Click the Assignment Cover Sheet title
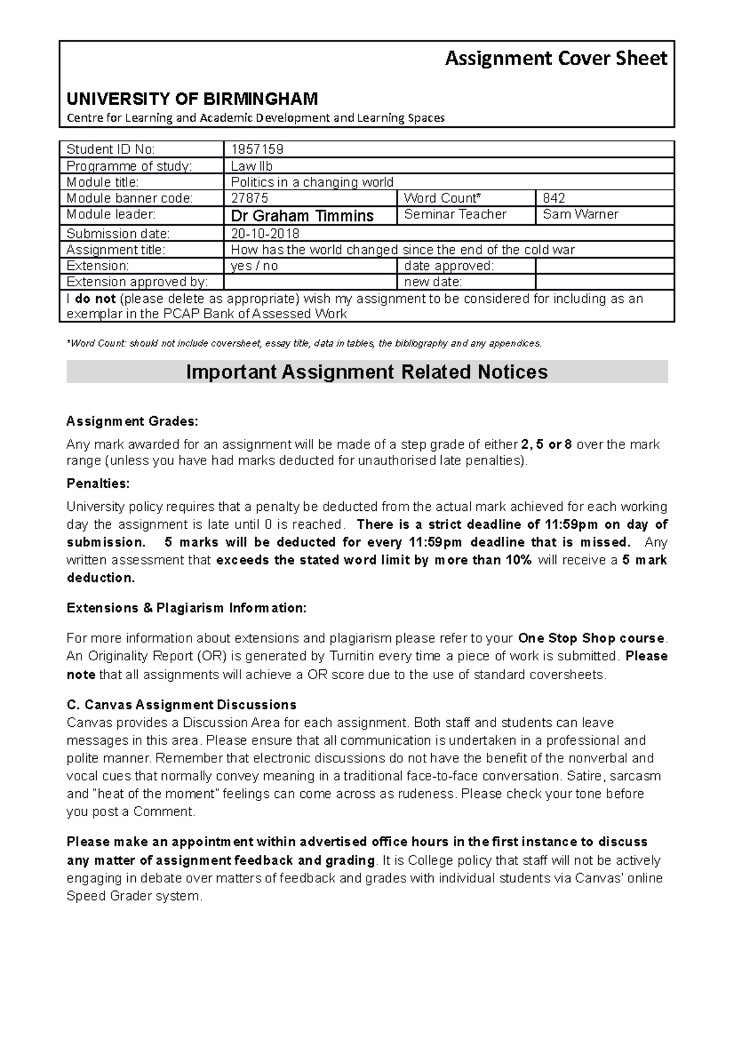pos(555,59)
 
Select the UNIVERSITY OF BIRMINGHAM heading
pos(192,99)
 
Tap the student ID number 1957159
pos(257,149)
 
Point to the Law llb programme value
pos(251,166)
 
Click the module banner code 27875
pos(250,198)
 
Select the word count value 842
pos(554,198)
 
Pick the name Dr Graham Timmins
pos(302,216)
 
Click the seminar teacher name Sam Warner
pos(580,214)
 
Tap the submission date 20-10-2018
pos(265,234)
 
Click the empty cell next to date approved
pos(604,266)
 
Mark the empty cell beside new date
pos(604,282)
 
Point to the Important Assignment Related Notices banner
pos(366,372)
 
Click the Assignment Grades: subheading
pos(132,422)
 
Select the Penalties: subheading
pos(98,483)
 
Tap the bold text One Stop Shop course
pos(591,638)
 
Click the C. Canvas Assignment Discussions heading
pos(182,704)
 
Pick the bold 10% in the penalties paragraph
pos(518,560)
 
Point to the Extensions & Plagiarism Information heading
pos(186,608)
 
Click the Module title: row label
pos(103,182)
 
